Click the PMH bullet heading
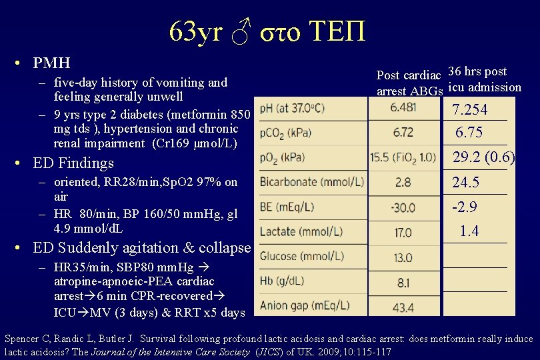(51, 63)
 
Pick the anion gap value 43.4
(403, 307)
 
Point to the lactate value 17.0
(403, 233)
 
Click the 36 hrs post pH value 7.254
(470, 110)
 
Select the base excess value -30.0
(403, 207)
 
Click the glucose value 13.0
(403, 257)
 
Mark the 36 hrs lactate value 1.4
(469, 231)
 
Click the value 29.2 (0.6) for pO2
(484, 158)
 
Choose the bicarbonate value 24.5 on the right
(466, 183)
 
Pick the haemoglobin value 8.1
(403, 283)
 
